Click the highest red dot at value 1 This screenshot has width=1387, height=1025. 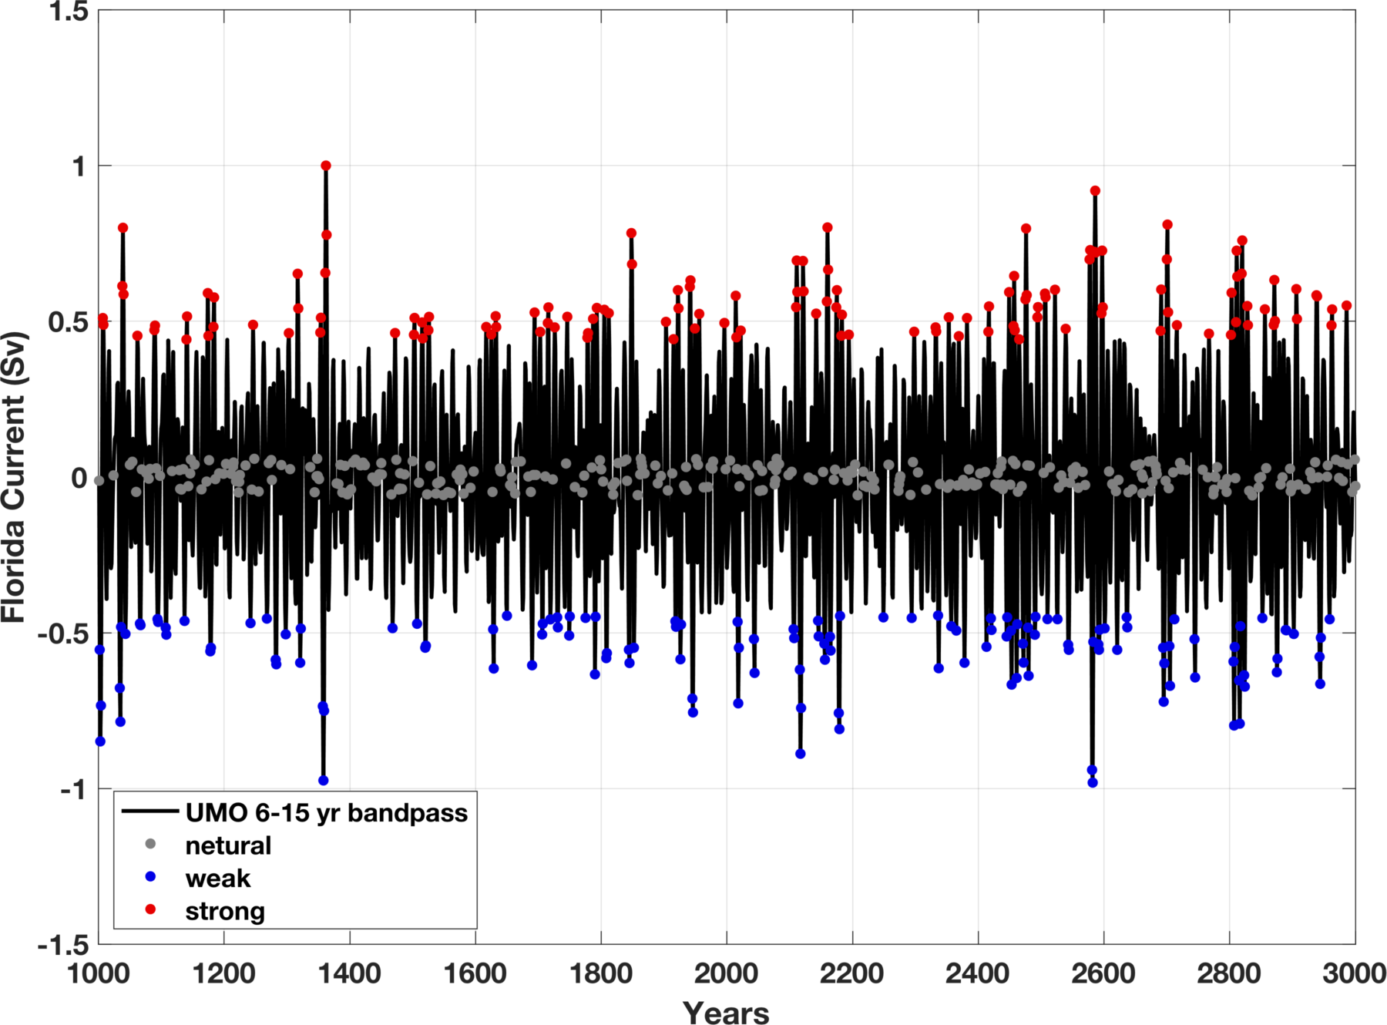(x=326, y=166)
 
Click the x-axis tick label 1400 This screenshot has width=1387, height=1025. (x=349, y=974)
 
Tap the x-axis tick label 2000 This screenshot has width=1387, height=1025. (x=726, y=974)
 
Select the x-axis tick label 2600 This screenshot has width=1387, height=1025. (x=1103, y=974)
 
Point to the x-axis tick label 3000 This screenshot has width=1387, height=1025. (x=1354, y=974)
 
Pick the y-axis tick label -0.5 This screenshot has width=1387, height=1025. (x=62, y=633)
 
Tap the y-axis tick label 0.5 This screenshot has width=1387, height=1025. (x=68, y=322)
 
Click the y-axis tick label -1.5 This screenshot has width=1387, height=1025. (x=62, y=944)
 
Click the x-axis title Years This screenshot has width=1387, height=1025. (x=726, y=1012)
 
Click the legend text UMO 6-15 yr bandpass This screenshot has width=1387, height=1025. (x=327, y=813)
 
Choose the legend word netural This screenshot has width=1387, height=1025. (x=228, y=846)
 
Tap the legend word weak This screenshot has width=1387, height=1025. (x=218, y=879)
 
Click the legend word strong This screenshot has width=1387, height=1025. (x=225, y=912)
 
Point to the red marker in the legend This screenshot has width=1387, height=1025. (x=151, y=910)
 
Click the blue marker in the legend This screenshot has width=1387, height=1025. (x=151, y=877)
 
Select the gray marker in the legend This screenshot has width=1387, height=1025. (x=151, y=845)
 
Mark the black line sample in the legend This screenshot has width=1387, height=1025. (x=151, y=812)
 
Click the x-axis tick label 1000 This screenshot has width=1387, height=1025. (x=98, y=974)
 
